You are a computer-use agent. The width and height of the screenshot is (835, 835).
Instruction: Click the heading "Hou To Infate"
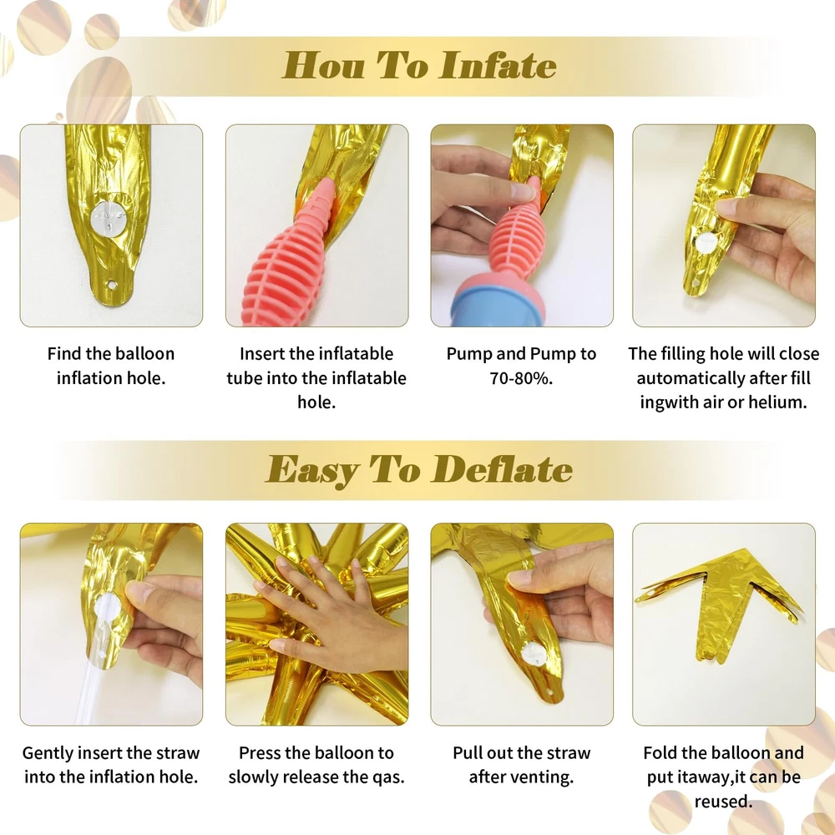[x=419, y=65]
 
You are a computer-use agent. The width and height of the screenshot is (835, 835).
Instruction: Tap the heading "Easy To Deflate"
[x=419, y=469]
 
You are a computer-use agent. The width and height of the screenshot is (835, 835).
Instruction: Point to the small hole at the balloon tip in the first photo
[x=112, y=285]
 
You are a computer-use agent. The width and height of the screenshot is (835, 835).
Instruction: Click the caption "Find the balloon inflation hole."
[x=111, y=366]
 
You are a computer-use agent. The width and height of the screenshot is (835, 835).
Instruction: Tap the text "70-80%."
[x=521, y=378]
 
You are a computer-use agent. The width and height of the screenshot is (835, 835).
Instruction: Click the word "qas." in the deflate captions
[x=389, y=777]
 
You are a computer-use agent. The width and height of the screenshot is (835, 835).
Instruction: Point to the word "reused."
[x=724, y=801]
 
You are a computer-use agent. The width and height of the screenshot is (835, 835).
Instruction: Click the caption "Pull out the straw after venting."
[x=521, y=765]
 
